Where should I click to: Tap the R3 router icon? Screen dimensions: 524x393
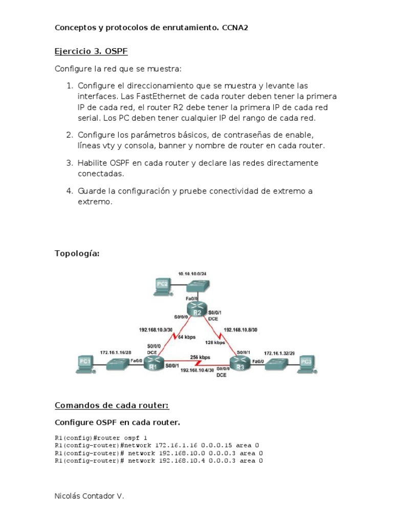click(239, 364)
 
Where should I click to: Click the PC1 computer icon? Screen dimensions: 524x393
click(85, 363)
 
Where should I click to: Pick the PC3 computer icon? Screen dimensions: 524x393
click(307, 363)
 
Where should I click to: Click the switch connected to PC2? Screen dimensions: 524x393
click(195, 287)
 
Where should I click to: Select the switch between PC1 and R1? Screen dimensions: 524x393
click(117, 364)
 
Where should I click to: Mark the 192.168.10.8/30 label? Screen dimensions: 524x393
click(241, 330)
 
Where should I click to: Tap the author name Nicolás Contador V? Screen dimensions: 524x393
click(89, 496)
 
